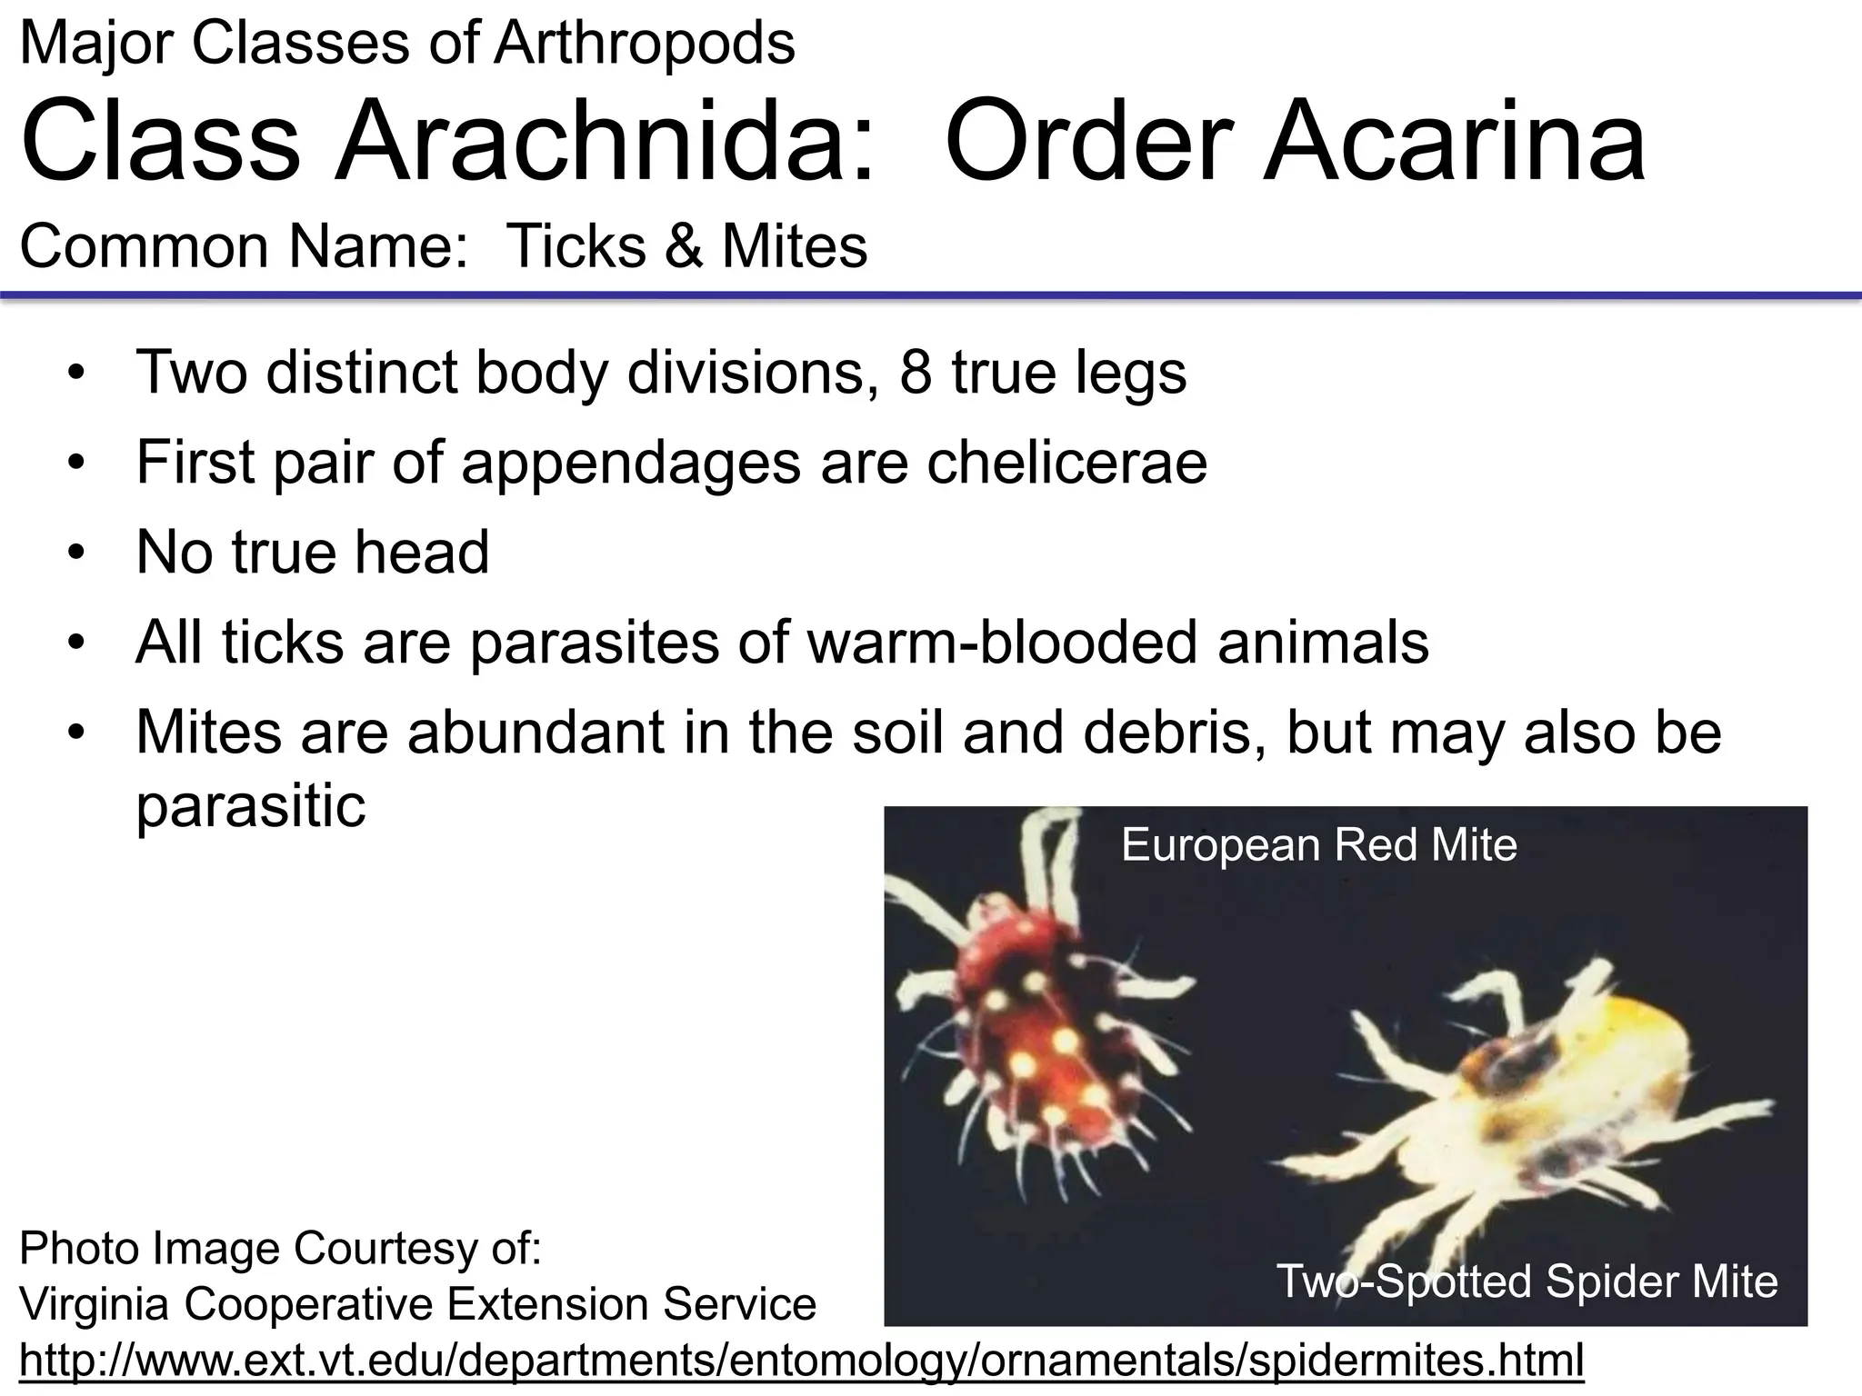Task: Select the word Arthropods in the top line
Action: [644, 43]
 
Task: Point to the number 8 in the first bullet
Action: [916, 372]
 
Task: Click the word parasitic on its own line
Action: [250, 805]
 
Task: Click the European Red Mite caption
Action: [1318, 845]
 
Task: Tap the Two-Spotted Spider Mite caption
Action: [1527, 1281]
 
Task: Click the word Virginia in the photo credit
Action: [95, 1305]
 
